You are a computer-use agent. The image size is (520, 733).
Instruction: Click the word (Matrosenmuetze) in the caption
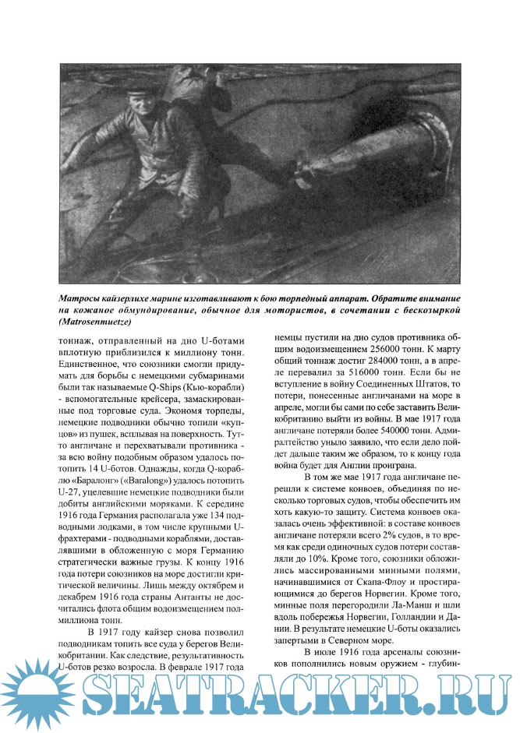point(95,321)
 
